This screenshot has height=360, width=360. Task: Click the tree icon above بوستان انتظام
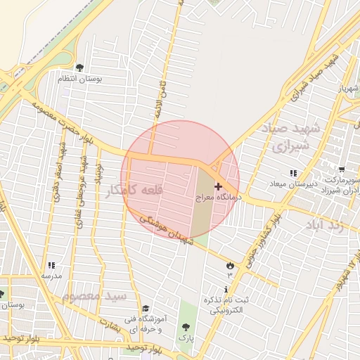(x=79, y=67)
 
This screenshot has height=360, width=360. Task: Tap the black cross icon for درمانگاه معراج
(x=217, y=186)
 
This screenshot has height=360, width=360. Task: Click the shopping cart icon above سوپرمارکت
(x=341, y=169)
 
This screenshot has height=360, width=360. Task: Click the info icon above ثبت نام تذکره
(x=226, y=290)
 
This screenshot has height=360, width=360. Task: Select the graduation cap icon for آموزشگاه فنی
(x=146, y=308)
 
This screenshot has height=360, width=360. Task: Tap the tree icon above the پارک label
(x=186, y=326)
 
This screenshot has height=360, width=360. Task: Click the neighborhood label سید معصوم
(x=94, y=297)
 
